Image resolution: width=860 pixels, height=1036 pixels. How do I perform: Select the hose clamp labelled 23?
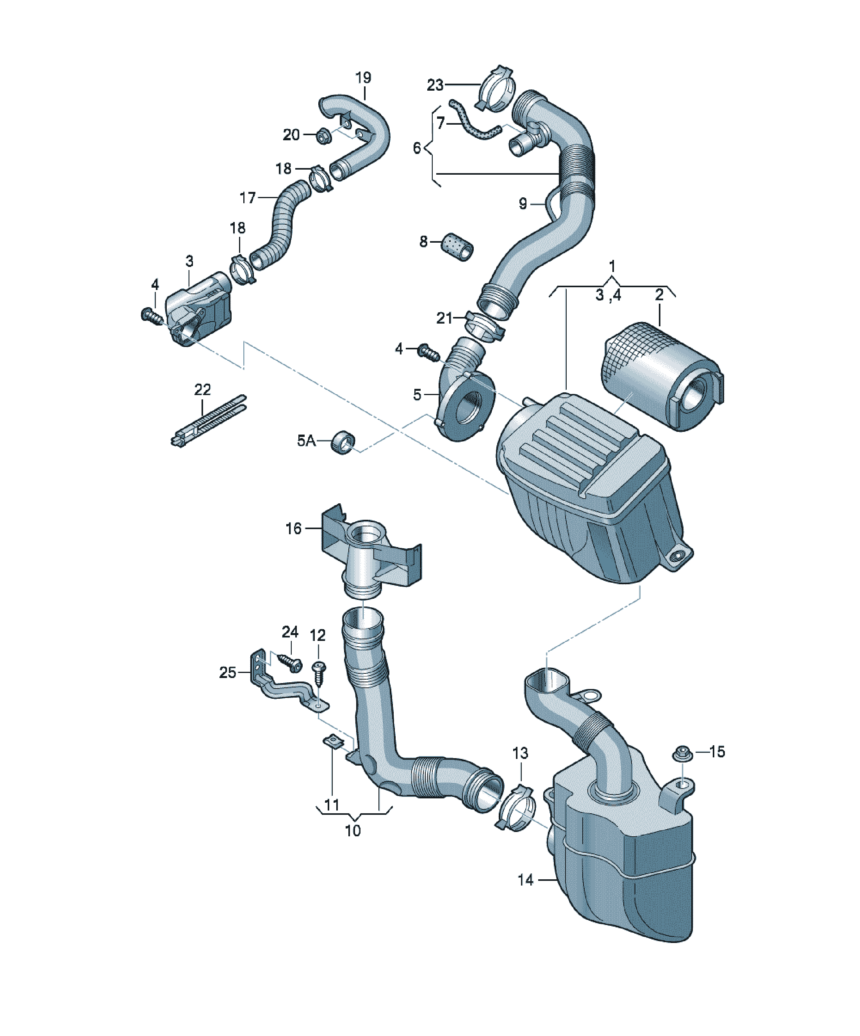tap(496, 88)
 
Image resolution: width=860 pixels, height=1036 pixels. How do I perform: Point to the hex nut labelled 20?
tap(323, 135)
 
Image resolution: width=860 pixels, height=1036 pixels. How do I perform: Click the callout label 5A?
tap(306, 440)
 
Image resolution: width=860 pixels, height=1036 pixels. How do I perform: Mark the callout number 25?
tap(227, 673)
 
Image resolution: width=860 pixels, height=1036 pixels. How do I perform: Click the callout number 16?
tap(293, 528)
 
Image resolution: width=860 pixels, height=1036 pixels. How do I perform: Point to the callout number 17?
tap(248, 198)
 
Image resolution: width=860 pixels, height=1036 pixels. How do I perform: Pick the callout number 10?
tap(353, 831)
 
